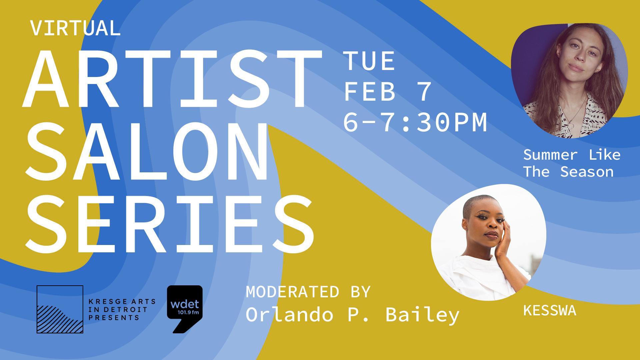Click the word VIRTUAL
pos(75,28)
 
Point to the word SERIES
pos(170,224)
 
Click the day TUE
pos(369,61)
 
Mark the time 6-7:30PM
pos(415,122)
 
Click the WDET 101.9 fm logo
pos(185,309)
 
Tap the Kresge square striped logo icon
pos(60,309)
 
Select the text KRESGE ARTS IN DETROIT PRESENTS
pos(122,310)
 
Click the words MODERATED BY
pos(308,292)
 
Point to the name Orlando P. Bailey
pos(353,315)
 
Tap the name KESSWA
pos(550,311)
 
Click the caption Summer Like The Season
pos(572,163)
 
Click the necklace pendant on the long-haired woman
pos(571,125)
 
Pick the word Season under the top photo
pos(587,172)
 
